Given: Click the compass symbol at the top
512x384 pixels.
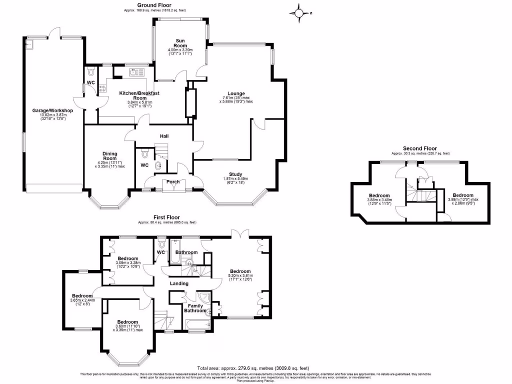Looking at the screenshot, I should click(x=299, y=13).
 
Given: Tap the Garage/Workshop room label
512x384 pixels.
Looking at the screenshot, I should click(x=53, y=110).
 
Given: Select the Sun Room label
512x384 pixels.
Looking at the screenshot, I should click(x=180, y=42).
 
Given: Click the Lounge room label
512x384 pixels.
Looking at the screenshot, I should click(x=235, y=93).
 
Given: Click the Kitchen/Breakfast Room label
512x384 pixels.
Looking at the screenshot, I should click(x=139, y=95).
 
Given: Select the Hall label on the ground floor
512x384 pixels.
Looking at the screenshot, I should click(x=164, y=136).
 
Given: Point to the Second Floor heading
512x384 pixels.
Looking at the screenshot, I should click(x=420, y=148).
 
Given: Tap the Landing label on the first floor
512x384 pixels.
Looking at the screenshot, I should click(x=179, y=283).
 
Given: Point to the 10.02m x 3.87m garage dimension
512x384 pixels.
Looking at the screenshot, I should click(x=53, y=116).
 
